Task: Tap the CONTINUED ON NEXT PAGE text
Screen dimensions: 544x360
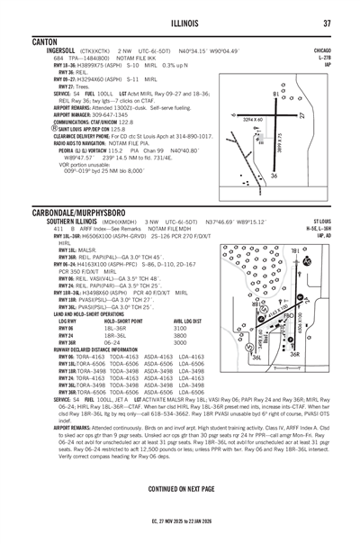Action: [180, 462]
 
